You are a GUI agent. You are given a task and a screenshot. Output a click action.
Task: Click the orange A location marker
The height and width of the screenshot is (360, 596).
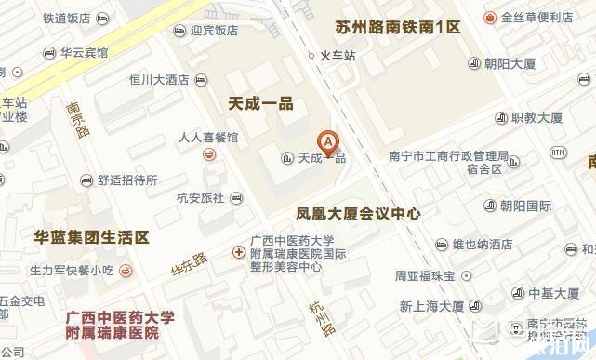(327, 142)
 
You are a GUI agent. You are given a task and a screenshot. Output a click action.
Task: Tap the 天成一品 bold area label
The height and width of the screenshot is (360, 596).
(260, 103)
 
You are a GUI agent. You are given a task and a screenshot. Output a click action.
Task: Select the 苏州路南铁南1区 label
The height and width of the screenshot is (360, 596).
(398, 27)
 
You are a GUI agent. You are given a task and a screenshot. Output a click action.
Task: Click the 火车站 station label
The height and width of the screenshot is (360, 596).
(338, 56)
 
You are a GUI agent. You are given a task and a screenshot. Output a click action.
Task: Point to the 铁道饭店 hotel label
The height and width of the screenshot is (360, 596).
(66, 18)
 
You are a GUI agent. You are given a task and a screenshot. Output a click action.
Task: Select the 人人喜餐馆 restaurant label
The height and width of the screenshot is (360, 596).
(208, 138)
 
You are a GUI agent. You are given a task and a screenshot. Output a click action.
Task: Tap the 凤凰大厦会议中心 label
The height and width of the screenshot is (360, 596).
(358, 213)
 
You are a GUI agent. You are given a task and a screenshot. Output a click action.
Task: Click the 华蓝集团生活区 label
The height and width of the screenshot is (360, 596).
(91, 238)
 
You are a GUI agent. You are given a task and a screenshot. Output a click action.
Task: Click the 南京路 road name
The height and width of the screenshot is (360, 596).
(78, 118)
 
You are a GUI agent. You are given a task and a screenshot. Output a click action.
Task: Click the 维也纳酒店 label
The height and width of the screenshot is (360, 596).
(483, 245)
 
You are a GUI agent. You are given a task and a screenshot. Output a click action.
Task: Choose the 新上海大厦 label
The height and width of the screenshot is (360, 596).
(431, 306)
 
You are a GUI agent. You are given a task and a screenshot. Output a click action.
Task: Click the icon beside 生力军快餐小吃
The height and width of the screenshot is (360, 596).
(126, 271)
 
